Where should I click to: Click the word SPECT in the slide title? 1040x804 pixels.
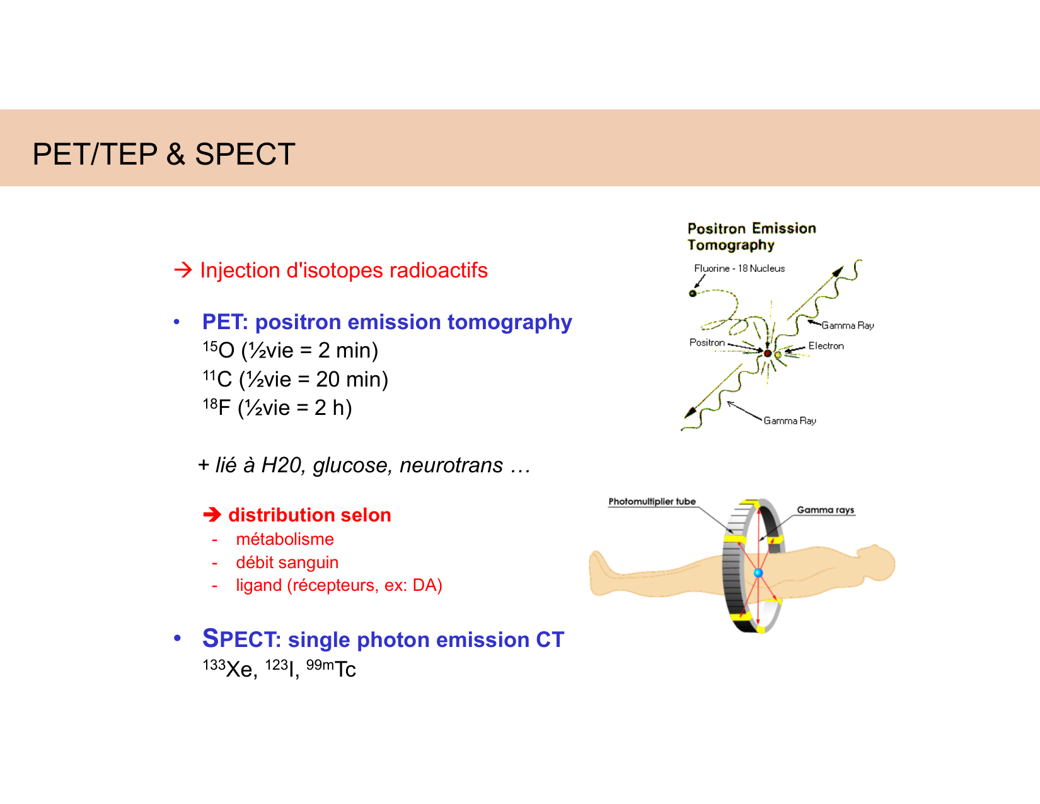click(x=245, y=154)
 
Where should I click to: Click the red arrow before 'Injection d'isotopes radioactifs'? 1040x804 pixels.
click(x=183, y=270)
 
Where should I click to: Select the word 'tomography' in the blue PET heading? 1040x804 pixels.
click(x=510, y=322)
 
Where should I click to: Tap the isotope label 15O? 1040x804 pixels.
click(x=218, y=349)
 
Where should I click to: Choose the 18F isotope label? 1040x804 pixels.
click(x=216, y=407)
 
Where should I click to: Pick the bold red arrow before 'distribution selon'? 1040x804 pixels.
click(x=212, y=515)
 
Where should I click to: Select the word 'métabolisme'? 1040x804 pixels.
click(x=285, y=539)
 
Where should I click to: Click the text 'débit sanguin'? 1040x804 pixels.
click(x=287, y=562)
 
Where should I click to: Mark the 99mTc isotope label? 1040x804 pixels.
click(x=331, y=668)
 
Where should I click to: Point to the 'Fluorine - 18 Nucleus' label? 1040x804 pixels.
click(x=739, y=268)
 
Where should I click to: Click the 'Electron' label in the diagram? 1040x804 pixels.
click(x=826, y=346)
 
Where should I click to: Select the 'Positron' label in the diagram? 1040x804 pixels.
click(x=707, y=342)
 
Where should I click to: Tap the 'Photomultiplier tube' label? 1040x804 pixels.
click(x=652, y=501)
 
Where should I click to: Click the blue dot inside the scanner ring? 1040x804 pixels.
click(x=758, y=573)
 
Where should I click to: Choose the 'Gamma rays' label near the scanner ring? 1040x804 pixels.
click(x=826, y=510)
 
